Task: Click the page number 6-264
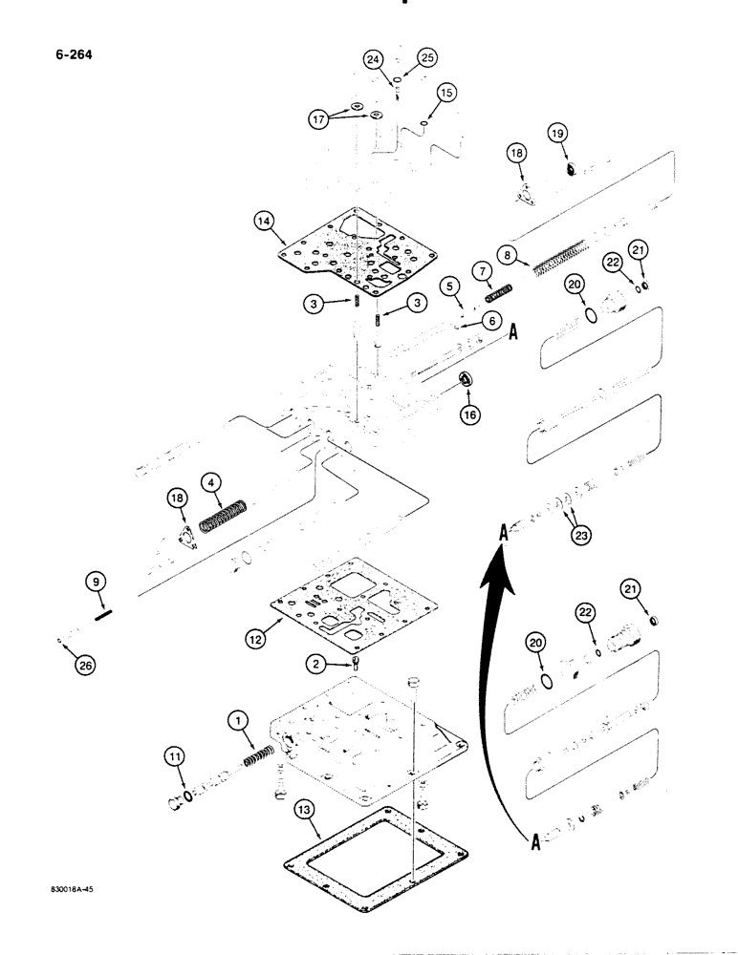pos(63,53)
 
